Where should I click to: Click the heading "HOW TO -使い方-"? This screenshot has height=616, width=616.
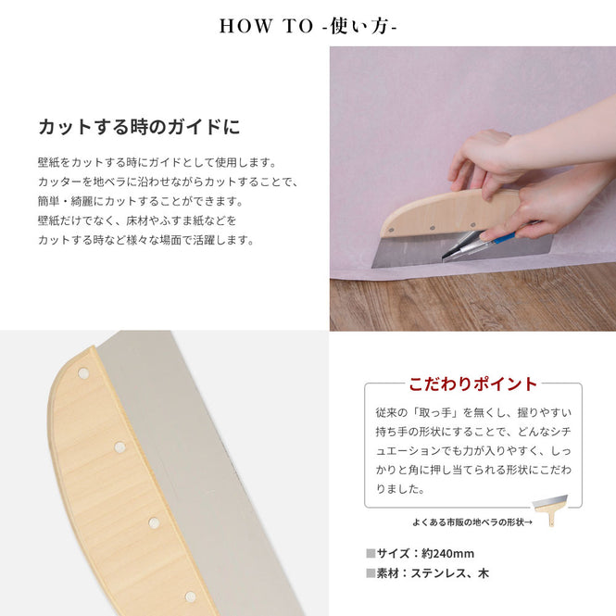click(x=308, y=26)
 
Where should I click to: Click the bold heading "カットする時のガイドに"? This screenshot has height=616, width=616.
click(x=139, y=127)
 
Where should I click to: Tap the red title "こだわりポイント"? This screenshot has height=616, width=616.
click(x=472, y=383)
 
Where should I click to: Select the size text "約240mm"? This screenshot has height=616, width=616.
click(x=447, y=554)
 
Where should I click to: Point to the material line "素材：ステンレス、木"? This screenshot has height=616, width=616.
click(x=433, y=573)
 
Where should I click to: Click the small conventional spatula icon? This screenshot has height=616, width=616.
click(x=550, y=509)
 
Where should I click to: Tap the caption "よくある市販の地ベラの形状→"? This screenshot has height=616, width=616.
click(x=472, y=522)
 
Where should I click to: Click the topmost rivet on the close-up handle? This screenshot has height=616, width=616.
click(x=82, y=372)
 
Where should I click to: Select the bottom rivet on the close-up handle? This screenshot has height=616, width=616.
click(x=191, y=597)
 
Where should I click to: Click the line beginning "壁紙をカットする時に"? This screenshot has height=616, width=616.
click(x=157, y=162)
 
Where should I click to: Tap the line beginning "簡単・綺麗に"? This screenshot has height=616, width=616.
click(x=141, y=201)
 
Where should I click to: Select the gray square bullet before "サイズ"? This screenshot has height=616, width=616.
click(x=371, y=554)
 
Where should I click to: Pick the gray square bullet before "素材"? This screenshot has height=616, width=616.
click(x=371, y=573)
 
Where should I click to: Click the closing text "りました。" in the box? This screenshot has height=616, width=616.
click(x=400, y=489)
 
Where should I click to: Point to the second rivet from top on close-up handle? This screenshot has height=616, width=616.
click(x=119, y=447)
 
